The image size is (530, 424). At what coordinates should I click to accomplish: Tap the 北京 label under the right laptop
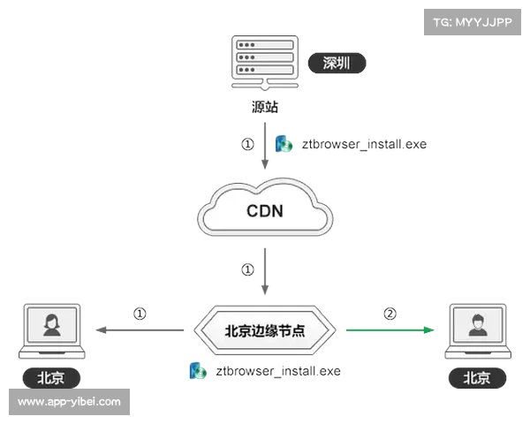tap(477, 378)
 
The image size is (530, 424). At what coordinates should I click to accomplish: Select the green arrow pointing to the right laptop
tap(389, 330)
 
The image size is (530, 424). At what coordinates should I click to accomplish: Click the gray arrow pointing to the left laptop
tap(141, 330)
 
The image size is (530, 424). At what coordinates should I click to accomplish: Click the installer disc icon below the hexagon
tap(195, 371)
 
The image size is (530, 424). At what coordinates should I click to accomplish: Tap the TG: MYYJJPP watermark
tap(473, 22)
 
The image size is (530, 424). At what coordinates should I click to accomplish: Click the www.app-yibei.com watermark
tap(70, 402)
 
